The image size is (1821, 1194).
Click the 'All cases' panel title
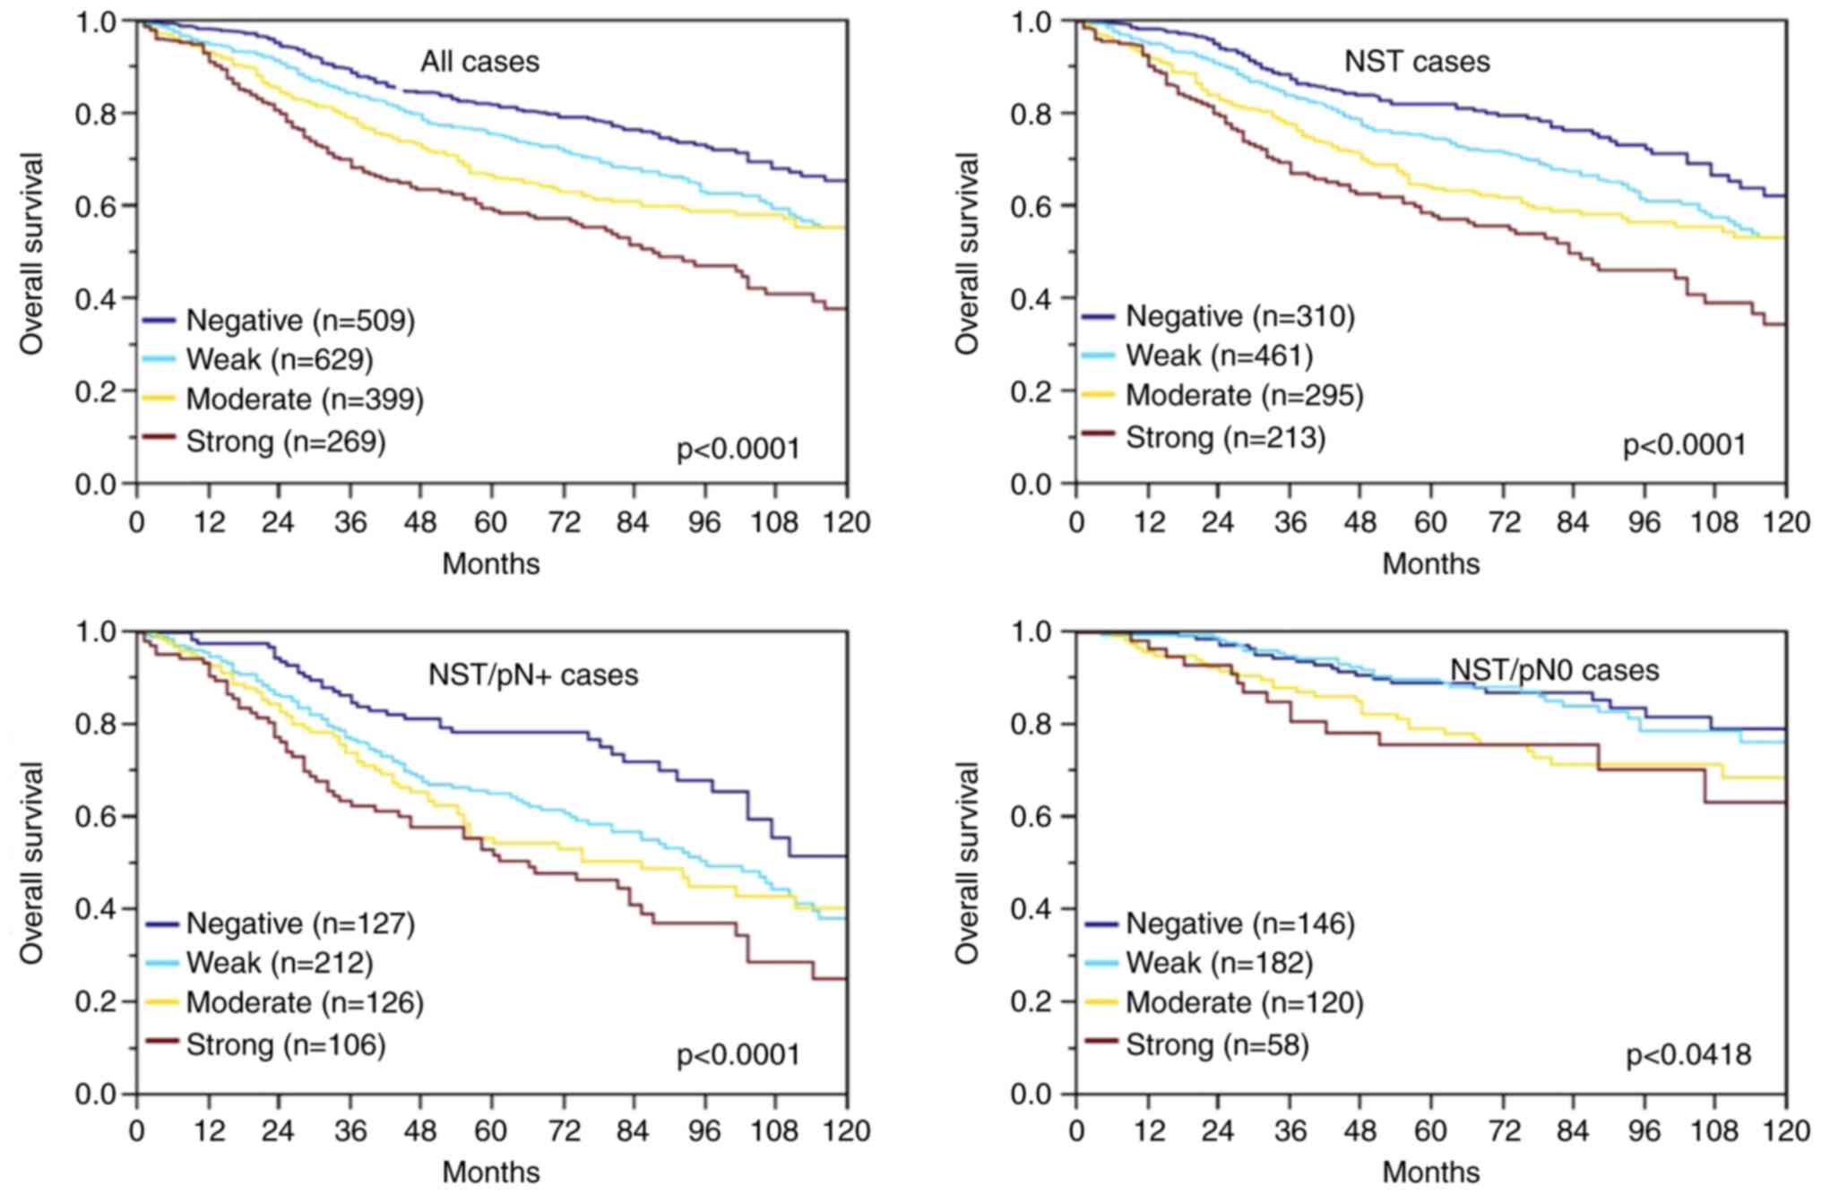(x=479, y=62)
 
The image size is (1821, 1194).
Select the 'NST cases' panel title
(x=1417, y=62)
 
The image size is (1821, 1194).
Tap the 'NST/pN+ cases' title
(x=532, y=674)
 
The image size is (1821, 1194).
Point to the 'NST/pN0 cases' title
(x=1554, y=670)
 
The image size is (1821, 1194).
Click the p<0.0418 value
(x=1688, y=1055)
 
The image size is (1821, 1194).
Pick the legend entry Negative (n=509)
(x=299, y=320)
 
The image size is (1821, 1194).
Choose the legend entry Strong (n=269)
(x=285, y=441)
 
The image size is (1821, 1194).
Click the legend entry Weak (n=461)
(x=1218, y=356)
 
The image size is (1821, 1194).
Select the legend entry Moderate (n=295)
(x=1244, y=395)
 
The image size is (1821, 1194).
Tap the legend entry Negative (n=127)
(x=299, y=923)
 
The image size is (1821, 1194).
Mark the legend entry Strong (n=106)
(x=285, y=1044)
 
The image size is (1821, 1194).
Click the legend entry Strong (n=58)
(x=1216, y=1044)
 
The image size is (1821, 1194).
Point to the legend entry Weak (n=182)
(x=1218, y=963)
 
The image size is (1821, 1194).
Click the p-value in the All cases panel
(x=738, y=448)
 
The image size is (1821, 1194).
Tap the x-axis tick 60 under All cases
(x=491, y=522)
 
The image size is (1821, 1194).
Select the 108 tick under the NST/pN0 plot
(x=1713, y=1131)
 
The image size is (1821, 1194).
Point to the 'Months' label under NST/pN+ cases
(x=491, y=1173)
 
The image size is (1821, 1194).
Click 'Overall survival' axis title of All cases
(x=32, y=253)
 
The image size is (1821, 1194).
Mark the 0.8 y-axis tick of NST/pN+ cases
(x=96, y=724)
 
